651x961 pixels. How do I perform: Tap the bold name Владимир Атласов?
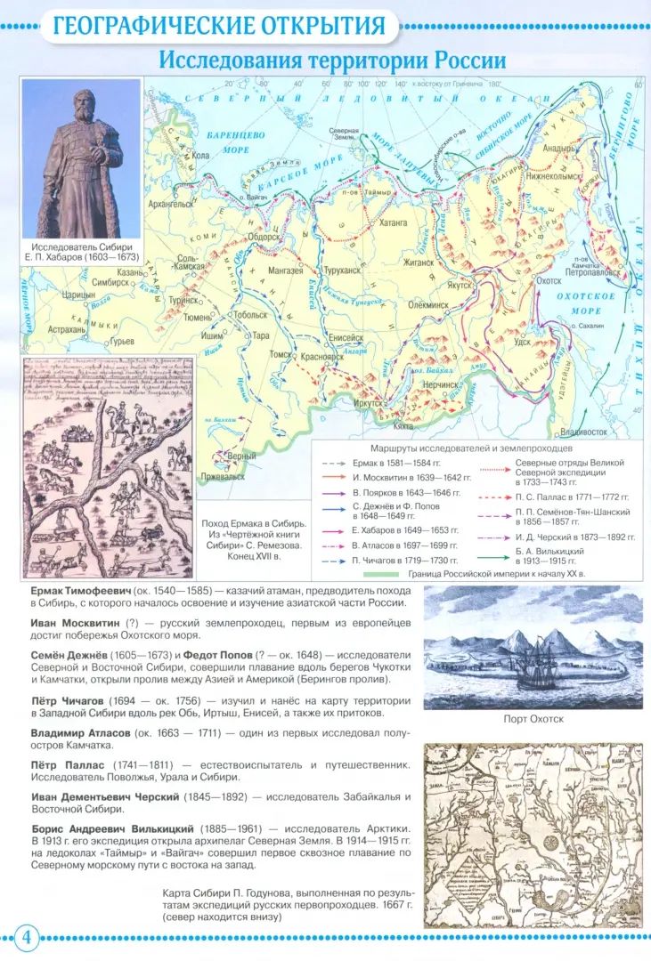81,732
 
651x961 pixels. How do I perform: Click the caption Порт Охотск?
532,718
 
